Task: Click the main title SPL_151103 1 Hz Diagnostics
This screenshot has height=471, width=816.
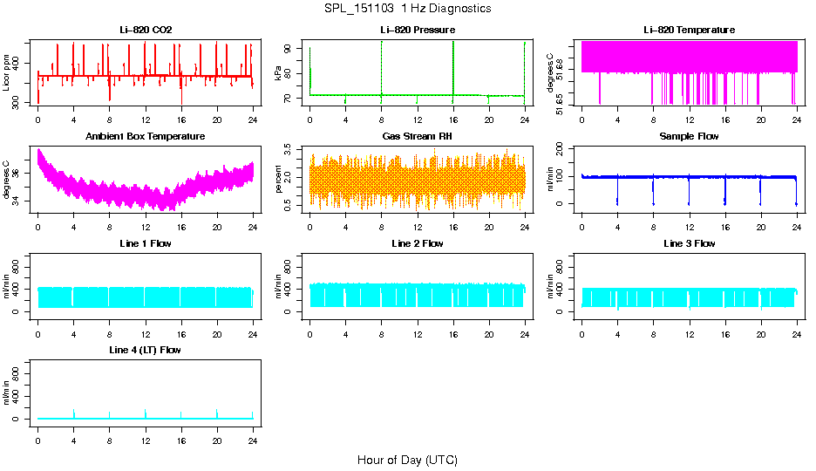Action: [x=407, y=9]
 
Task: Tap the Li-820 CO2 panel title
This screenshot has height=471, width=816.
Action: [x=146, y=30]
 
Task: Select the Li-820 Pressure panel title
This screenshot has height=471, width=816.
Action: [x=417, y=30]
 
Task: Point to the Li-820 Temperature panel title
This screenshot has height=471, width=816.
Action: [x=689, y=30]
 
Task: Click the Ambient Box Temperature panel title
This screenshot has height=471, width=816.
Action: [x=146, y=136]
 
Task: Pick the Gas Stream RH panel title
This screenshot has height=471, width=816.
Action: [x=417, y=136]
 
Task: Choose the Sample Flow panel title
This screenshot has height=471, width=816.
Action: [x=689, y=136]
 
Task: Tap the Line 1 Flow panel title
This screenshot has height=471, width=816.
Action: [x=146, y=243]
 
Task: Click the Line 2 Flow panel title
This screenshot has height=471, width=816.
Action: [x=417, y=243]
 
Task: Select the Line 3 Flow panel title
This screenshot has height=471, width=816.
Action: [x=689, y=243]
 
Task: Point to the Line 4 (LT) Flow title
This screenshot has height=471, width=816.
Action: [x=146, y=350]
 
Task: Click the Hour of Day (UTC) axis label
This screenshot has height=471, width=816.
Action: [x=407, y=460]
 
